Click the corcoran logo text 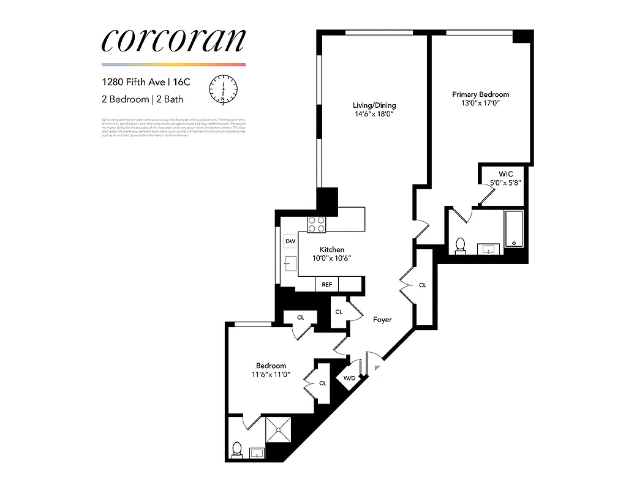pos(173,40)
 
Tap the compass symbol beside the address pos(223,89)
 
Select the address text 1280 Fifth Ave pos(133,81)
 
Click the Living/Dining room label pos(374,105)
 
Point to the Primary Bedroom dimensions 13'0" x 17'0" pos(480,104)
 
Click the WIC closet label pos(505,174)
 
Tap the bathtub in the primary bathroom pos(513,228)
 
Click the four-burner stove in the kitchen pos(316,224)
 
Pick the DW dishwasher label pos(290,241)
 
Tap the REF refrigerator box pos(327,285)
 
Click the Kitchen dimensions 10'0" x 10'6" pos(331,258)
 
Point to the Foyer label pos(382,320)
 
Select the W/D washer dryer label pos(349,378)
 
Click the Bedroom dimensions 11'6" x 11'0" pos(270,374)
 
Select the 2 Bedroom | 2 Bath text pos(142,99)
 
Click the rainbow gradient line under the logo pos(173,64)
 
